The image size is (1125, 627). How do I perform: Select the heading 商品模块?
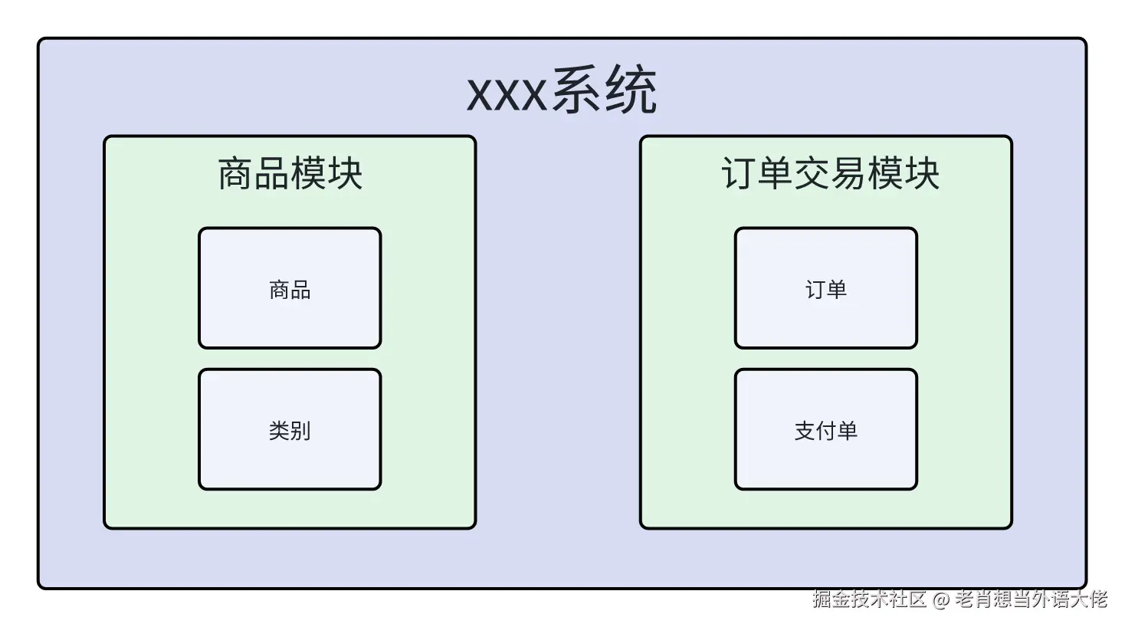click(290, 173)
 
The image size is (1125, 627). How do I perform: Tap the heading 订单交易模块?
click(830, 173)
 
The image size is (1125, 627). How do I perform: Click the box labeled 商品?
click(290, 288)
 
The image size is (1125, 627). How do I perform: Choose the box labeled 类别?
click(290, 429)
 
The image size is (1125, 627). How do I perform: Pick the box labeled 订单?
click(825, 288)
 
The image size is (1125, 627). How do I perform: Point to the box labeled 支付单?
click(825, 429)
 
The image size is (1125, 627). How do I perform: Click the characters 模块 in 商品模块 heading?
click(326, 173)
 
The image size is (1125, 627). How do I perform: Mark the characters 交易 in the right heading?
click(830, 173)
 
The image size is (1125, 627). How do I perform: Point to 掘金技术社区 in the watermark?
click(870, 599)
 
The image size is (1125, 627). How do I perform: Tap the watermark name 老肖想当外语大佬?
click(1031, 599)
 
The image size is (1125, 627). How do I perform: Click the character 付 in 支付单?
click(825, 430)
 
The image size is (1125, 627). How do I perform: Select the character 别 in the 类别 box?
click(300, 430)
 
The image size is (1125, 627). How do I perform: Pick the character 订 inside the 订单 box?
click(815, 289)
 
